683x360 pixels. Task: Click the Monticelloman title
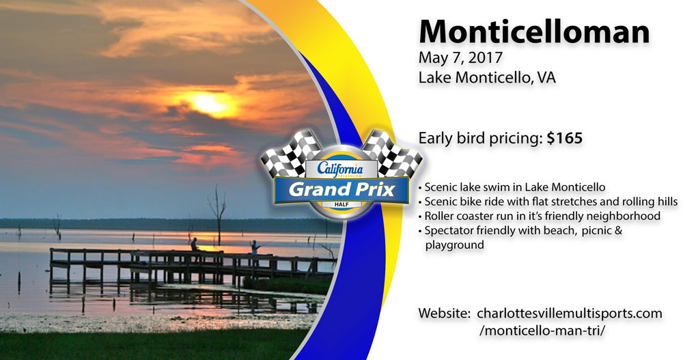(x=534, y=31)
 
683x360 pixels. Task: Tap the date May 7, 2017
(x=460, y=57)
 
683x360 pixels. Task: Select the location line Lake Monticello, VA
(x=487, y=78)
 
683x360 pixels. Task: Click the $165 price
(x=565, y=139)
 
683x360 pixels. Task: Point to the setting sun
(x=208, y=103)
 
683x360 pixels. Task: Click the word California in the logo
(x=339, y=168)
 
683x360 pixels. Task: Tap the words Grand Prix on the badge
(x=341, y=190)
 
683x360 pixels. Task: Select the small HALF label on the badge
(x=341, y=204)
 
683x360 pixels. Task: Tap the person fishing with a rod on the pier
(x=255, y=249)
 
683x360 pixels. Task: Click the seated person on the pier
(x=194, y=245)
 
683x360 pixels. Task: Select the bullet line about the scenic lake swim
(x=512, y=187)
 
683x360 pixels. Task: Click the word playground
(x=454, y=245)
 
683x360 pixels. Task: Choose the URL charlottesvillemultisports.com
(x=570, y=314)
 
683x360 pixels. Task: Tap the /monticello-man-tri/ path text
(x=542, y=331)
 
